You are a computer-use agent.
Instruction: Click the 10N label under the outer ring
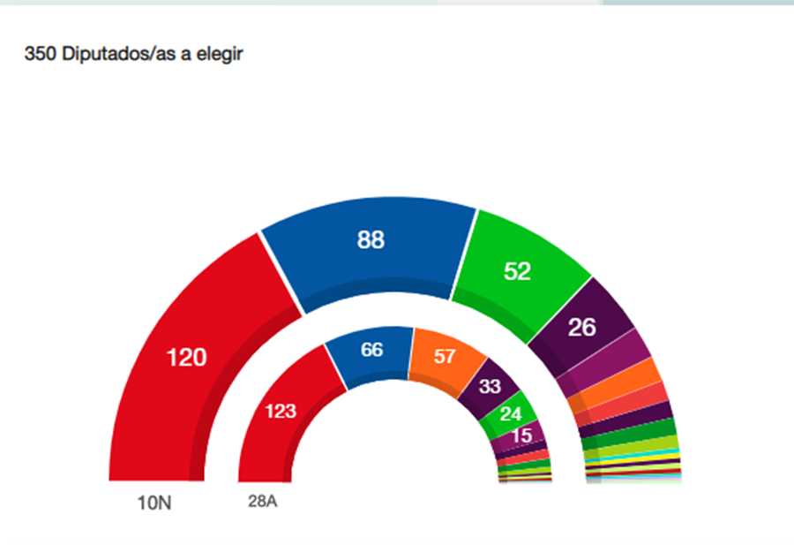pyautogui.click(x=155, y=503)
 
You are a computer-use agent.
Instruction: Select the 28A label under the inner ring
pyautogui.click(x=263, y=502)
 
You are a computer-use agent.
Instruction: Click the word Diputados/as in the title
pyautogui.click(x=111, y=55)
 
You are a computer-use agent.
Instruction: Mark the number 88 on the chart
pyautogui.click(x=371, y=239)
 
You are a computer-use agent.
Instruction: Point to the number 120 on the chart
pyautogui.click(x=187, y=358)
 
